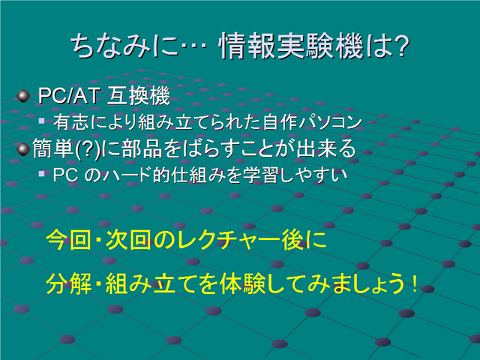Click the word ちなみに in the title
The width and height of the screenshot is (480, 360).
click(125, 46)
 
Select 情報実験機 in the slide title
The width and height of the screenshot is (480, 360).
click(291, 46)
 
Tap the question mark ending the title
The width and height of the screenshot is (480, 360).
click(400, 46)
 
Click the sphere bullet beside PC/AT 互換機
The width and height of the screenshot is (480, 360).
click(23, 96)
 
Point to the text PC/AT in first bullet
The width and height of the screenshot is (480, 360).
click(68, 96)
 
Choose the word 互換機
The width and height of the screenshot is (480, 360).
click(139, 96)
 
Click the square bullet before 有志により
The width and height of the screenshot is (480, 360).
click(42, 121)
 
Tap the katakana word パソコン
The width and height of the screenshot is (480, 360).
click(331, 121)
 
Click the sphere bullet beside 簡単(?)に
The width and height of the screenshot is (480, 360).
click(23, 149)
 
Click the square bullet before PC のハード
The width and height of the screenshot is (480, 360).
click(42, 174)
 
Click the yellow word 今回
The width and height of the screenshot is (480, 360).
click(68, 240)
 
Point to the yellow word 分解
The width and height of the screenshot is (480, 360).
click(68, 283)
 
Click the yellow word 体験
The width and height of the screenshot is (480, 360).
click(243, 283)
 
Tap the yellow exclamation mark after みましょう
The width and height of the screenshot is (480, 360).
click(415, 283)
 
